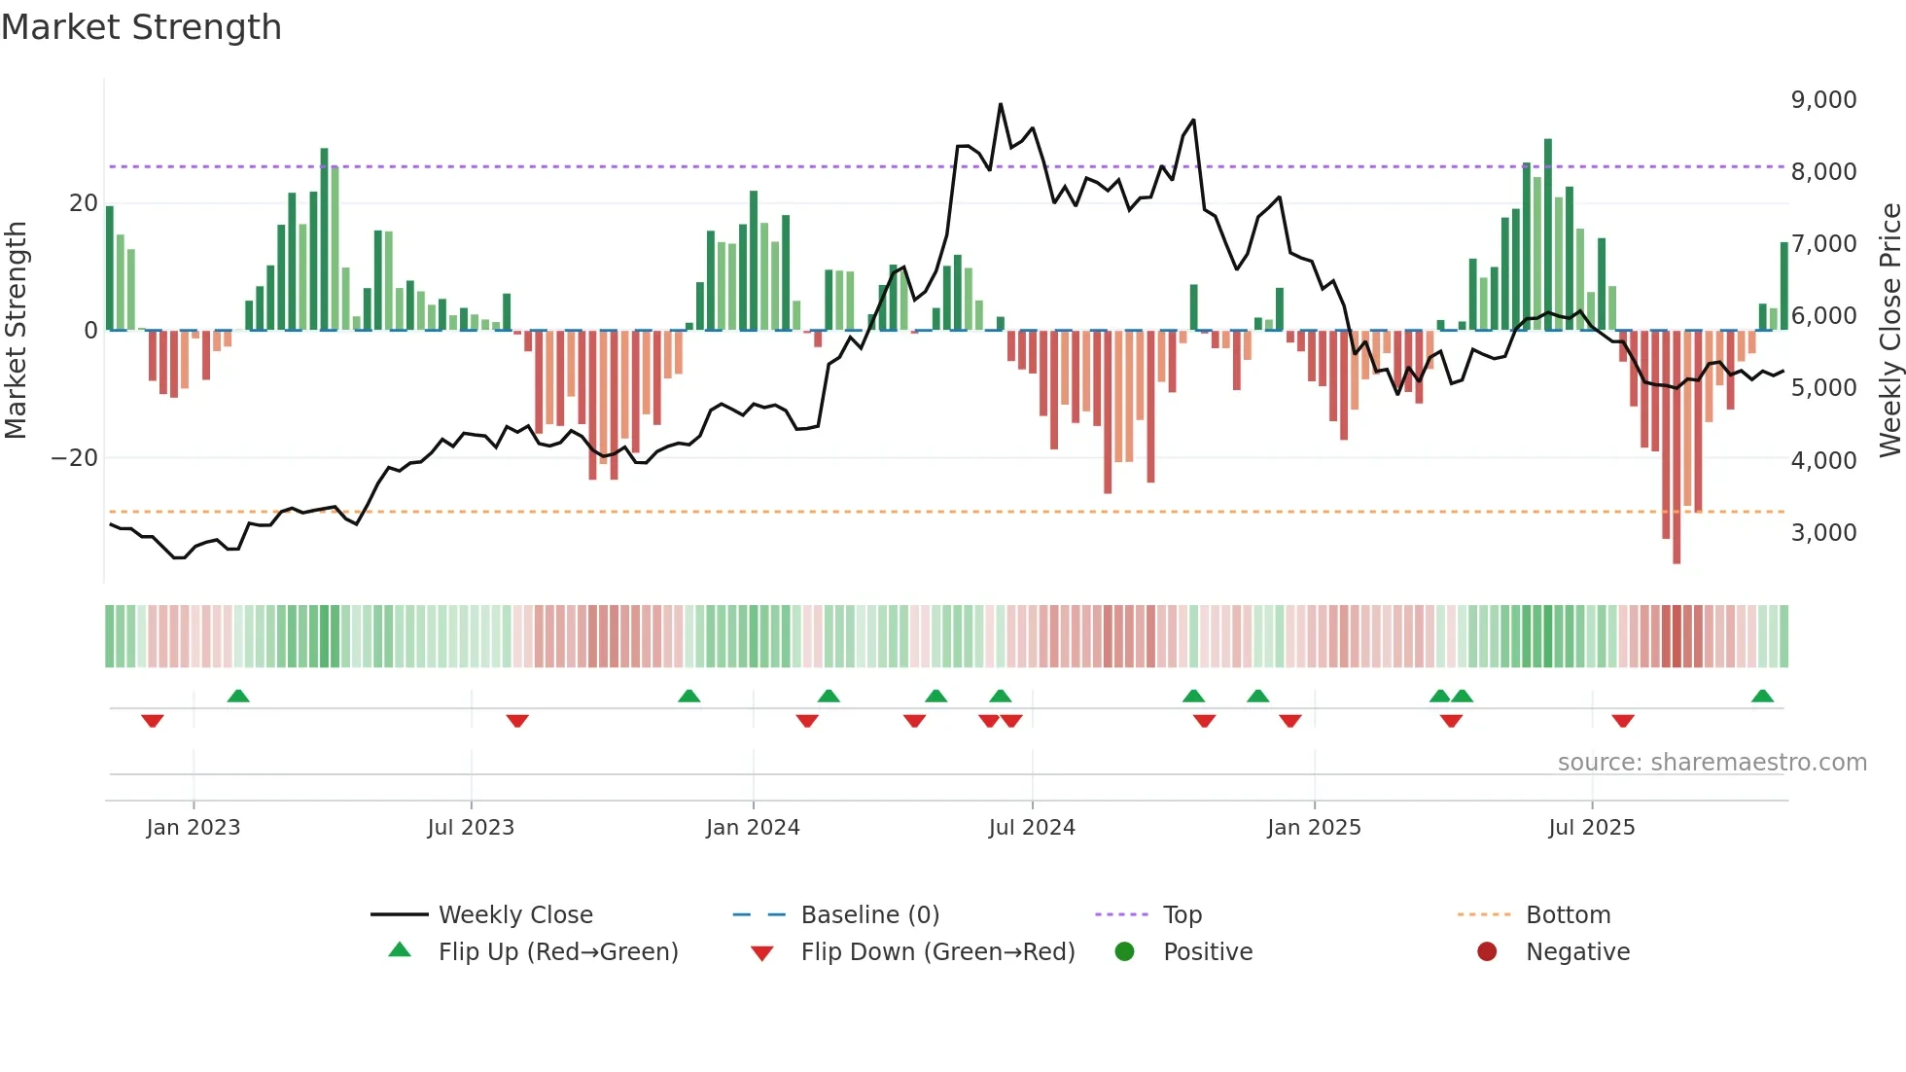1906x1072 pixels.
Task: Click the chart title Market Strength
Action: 141,27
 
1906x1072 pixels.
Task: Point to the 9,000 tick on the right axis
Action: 1823,100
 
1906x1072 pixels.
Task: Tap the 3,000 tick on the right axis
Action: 1823,533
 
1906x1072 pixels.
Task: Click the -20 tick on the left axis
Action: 75,458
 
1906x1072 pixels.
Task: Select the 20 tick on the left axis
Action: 84,203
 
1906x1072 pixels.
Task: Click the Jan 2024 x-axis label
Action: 753,828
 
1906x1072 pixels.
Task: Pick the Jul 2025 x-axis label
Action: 1591,828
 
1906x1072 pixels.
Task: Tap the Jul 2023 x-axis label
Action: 471,828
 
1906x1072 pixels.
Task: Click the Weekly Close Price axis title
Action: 1889,331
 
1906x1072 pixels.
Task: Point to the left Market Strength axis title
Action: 16,331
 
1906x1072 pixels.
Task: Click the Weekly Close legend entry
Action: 514,915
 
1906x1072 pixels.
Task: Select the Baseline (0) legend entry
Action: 869,915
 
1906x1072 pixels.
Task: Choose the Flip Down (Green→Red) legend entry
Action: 937,952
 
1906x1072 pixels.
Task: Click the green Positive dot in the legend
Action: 1125,952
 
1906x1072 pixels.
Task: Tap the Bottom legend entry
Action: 1568,915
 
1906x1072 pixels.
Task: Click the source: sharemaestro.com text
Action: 1712,763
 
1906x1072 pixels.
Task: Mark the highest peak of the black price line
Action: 1001,104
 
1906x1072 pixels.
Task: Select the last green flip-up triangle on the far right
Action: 1762,697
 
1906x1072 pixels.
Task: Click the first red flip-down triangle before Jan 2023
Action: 152,721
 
